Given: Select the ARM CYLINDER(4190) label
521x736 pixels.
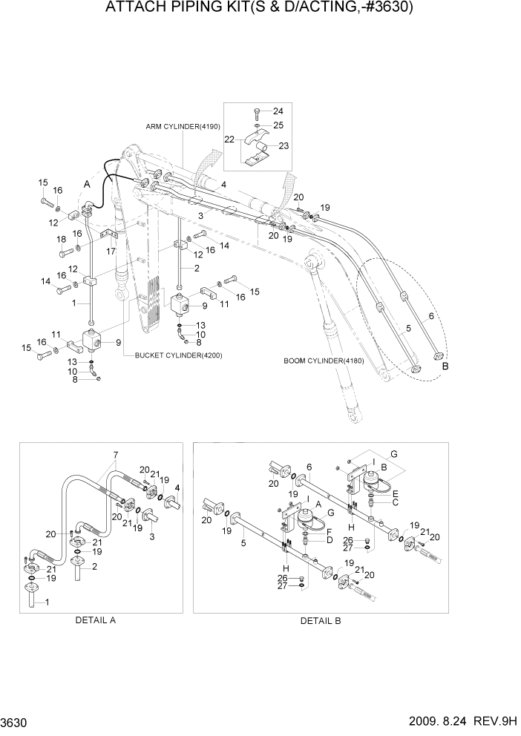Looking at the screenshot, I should click(184, 127).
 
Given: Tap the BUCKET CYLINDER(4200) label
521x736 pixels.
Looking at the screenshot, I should click(178, 355).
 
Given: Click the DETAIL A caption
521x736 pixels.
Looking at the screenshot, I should click(95, 620).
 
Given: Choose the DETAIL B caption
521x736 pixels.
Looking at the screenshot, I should click(320, 620).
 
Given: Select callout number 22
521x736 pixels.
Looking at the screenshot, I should click(230, 139).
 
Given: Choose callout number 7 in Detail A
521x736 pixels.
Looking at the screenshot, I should click(115, 454).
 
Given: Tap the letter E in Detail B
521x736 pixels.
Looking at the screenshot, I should click(396, 493).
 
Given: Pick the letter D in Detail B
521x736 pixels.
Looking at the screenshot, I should click(327, 539).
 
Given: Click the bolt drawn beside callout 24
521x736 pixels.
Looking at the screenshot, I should click(255, 112).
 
